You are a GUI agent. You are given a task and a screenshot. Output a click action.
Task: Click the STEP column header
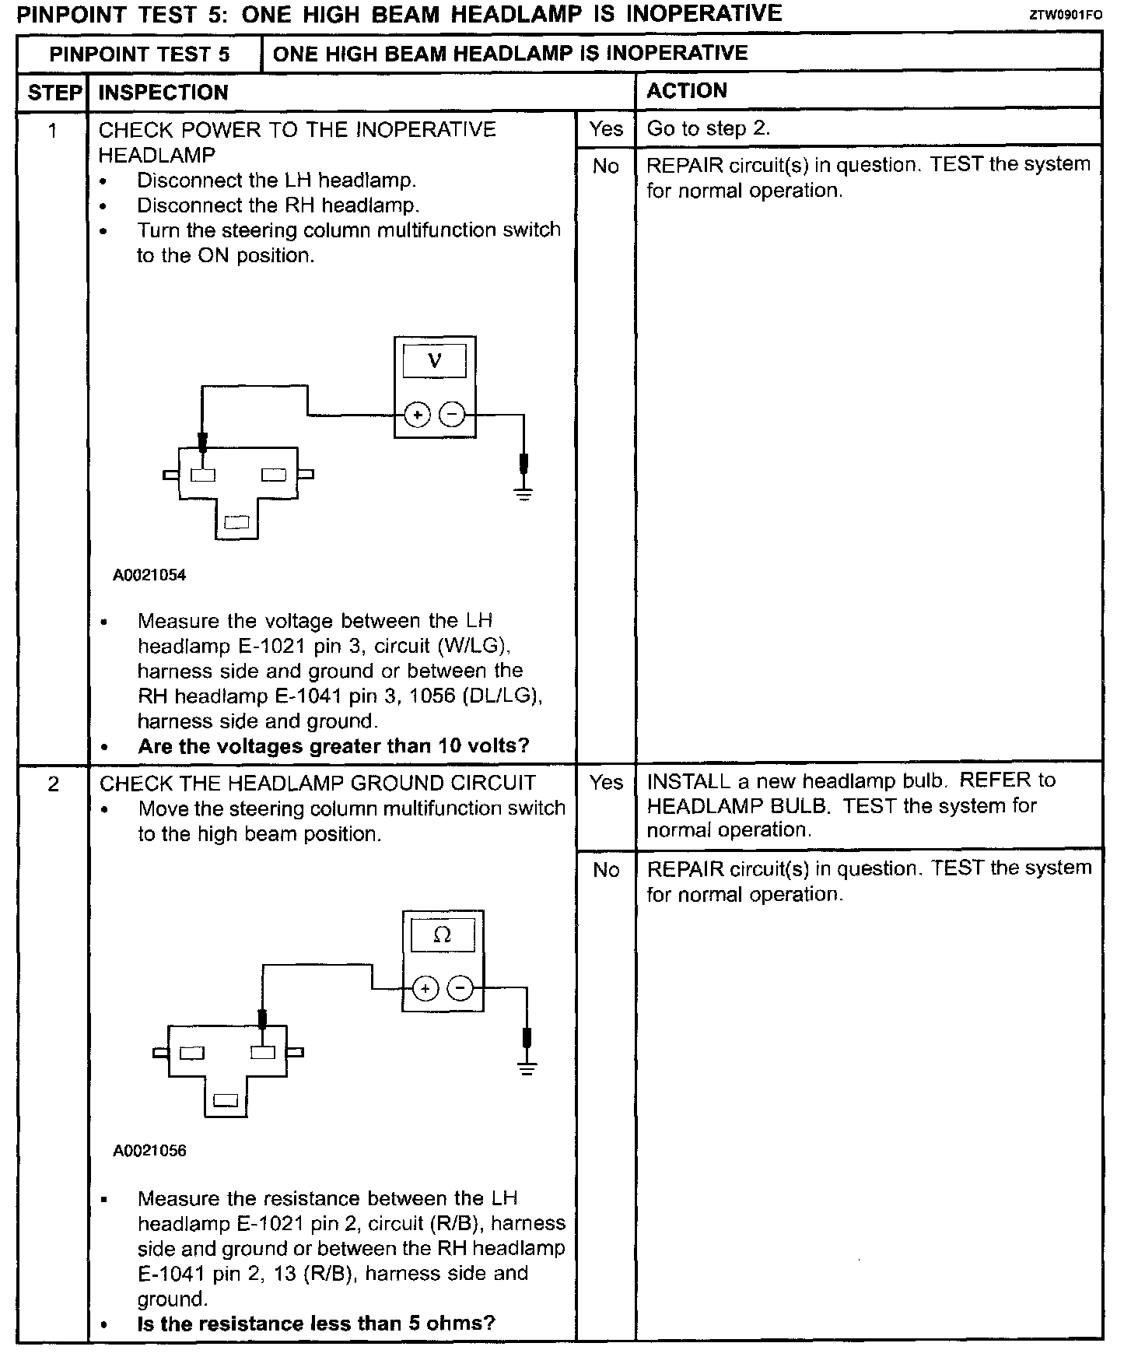[x=54, y=93]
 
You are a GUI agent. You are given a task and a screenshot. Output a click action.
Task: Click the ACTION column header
[x=687, y=91]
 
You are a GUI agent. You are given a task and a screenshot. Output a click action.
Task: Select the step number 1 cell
[x=53, y=130]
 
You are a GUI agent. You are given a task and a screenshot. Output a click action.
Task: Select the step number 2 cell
[x=53, y=784]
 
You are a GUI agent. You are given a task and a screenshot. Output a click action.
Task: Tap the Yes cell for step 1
[x=605, y=129]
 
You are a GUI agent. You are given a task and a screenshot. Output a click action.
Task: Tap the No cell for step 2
[x=605, y=870]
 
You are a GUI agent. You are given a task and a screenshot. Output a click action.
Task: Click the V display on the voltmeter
[x=435, y=361]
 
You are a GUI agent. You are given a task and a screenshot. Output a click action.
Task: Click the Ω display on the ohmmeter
[x=442, y=935]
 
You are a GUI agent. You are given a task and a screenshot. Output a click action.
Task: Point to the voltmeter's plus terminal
[x=418, y=416]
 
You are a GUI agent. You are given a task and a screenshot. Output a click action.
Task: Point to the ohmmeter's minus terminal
[x=461, y=989]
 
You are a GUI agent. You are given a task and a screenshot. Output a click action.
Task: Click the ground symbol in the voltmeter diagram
[x=523, y=493]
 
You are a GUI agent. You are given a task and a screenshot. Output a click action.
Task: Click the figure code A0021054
[x=149, y=576]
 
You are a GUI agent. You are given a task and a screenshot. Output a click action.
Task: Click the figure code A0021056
[x=149, y=1151]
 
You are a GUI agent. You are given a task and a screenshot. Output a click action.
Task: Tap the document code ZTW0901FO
[x=1065, y=15]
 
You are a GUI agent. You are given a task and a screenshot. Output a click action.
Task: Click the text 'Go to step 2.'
[x=708, y=129]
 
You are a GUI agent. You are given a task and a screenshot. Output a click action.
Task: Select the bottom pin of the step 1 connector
[x=236, y=523]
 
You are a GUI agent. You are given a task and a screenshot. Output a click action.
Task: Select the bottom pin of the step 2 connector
[x=226, y=1100]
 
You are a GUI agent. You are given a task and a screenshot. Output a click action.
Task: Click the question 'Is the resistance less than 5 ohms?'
[x=316, y=1324]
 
